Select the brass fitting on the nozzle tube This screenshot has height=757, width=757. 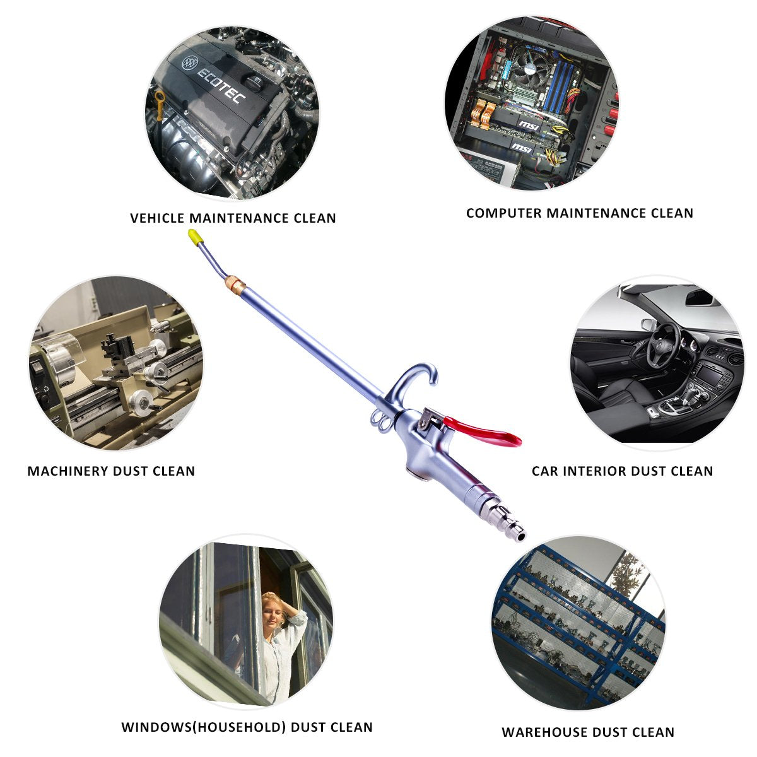point(235,283)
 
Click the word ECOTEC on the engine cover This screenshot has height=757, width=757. point(224,86)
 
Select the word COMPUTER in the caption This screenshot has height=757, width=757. point(503,213)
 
